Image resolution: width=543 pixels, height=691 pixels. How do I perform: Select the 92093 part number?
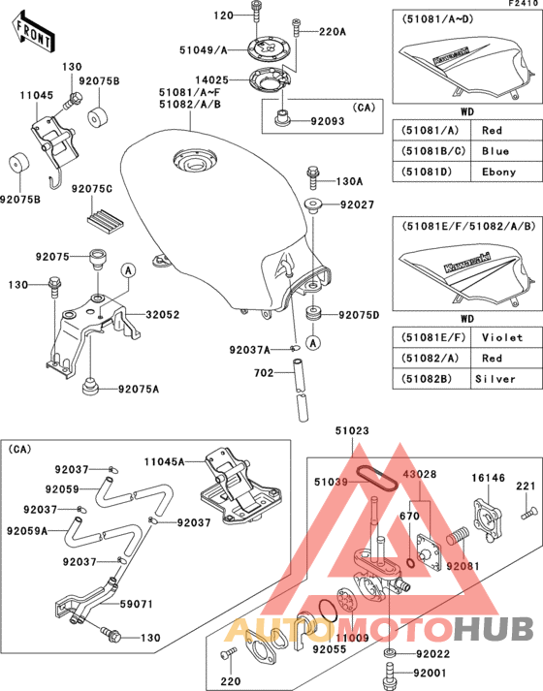click(327, 123)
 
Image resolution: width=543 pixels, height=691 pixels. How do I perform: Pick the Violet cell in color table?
click(501, 337)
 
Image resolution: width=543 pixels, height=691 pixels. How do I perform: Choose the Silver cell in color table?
click(501, 378)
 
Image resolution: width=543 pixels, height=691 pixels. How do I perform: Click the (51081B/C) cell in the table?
click(431, 151)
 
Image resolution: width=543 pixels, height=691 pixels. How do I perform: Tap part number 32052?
click(162, 315)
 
